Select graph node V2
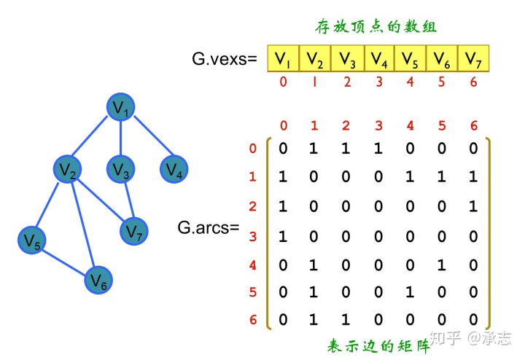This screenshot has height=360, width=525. pyautogui.click(x=68, y=170)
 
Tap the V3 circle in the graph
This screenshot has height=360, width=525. pyautogui.click(x=121, y=170)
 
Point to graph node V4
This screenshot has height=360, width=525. pyautogui.click(x=173, y=170)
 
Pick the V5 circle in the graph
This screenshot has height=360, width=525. pyautogui.click(x=33, y=239)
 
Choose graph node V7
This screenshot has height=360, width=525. pyautogui.click(x=133, y=231)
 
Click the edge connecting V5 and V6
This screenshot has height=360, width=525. pyautogui.click(x=66, y=260)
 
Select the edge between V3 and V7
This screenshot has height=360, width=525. pyautogui.click(x=127, y=200)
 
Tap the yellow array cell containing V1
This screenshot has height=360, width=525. pyautogui.click(x=283, y=58)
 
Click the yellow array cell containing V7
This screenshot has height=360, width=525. pyautogui.click(x=473, y=58)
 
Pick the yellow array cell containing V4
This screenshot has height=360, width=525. pyautogui.click(x=378, y=58)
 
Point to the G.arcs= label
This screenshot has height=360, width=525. pyautogui.click(x=209, y=227)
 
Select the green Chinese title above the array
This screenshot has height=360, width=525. pyautogui.click(x=376, y=27)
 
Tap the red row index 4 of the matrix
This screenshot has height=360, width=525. pyautogui.click(x=253, y=265)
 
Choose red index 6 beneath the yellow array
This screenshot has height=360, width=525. pyautogui.click(x=473, y=82)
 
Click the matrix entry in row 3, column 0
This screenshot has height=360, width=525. pyautogui.click(x=283, y=236)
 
